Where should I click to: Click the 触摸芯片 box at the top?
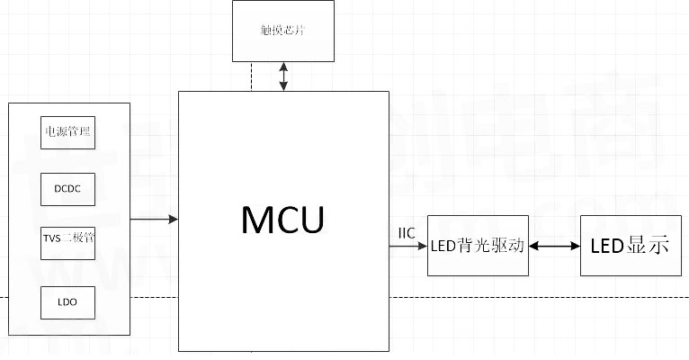coord(282,31)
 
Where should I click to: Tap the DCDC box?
coord(68,188)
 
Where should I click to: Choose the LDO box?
coord(68,301)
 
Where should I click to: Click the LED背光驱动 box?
coord(478,246)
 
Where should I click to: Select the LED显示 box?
coord(630,244)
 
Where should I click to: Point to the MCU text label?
coord(282,220)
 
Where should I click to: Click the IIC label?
coord(407,234)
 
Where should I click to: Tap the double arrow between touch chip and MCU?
coord(284,76)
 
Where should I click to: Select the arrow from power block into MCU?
coord(154,220)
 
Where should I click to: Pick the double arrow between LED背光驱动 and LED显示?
coord(554,245)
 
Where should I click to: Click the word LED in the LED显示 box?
coord(607,244)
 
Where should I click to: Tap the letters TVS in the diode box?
coord(52,238)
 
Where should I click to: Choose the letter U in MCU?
coord(310,220)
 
